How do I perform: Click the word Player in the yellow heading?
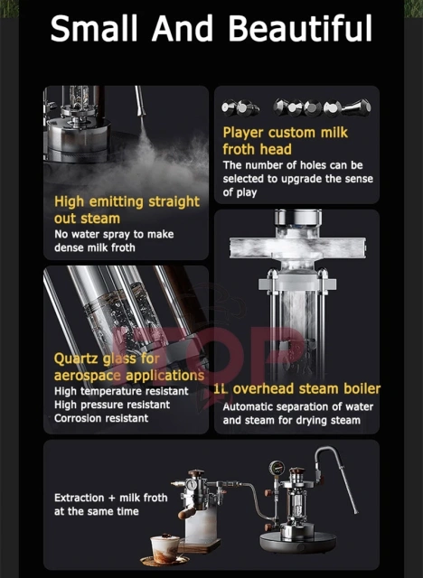coord(245,133)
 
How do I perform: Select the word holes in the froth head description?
coord(305,165)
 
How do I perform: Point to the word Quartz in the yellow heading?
coord(77,359)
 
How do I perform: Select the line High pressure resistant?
coord(111,405)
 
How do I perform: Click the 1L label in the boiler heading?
coord(221,389)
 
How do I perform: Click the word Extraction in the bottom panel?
coord(84,498)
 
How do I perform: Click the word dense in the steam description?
coord(70,248)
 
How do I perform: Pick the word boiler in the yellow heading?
coord(354,389)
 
